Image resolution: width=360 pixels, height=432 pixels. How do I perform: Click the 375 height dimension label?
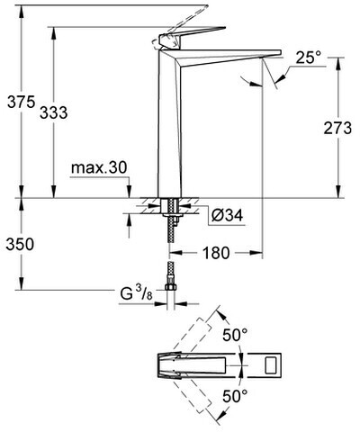(x=21, y=102)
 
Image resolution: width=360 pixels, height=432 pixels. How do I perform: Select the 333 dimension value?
(x=54, y=113)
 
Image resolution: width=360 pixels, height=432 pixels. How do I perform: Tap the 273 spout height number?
(x=337, y=129)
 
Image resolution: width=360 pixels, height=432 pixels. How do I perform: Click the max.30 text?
(x=99, y=167)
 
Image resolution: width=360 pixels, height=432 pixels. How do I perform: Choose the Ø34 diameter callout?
(x=227, y=215)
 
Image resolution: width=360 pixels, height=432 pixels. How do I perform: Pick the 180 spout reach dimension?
(x=216, y=253)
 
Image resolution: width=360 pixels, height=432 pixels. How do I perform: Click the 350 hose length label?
(x=20, y=244)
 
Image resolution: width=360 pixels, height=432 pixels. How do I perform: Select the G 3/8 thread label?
(x=137, y=293)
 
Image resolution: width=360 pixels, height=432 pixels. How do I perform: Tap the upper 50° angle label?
(x=235, y=335)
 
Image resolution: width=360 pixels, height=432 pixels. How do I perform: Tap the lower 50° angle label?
(x=235, y=396)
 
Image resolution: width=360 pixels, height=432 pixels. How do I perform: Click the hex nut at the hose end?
(x=171, y=287)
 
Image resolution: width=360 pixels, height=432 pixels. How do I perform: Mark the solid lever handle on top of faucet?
(x=192, y=36)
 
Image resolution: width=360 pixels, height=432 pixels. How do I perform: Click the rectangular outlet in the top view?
(x=273, y=365)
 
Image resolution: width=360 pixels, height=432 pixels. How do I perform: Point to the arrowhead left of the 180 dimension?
(x=175, y=253)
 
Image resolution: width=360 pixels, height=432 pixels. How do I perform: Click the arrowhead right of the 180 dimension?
(x=256, y=253)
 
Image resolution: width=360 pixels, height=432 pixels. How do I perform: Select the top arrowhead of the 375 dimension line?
(x=22, y=12)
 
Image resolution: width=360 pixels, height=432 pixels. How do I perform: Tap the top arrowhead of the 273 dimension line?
(x=338, y=64)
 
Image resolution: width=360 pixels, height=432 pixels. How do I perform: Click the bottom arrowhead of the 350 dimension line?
(x=22, y=283)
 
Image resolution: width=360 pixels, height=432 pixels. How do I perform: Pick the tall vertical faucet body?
(x=170, y=123)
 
